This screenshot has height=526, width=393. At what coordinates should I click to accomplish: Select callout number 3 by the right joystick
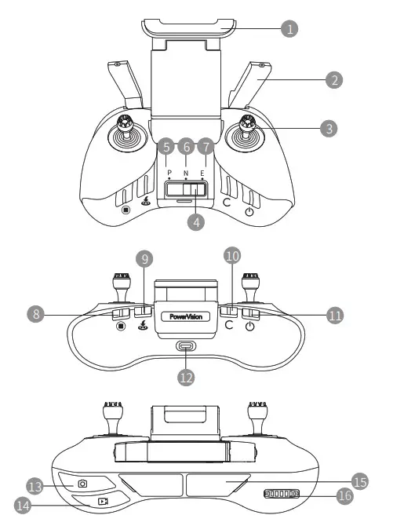(x=333, y=126)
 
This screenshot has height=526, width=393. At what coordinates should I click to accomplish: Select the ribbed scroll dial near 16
(x=282, y=494)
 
